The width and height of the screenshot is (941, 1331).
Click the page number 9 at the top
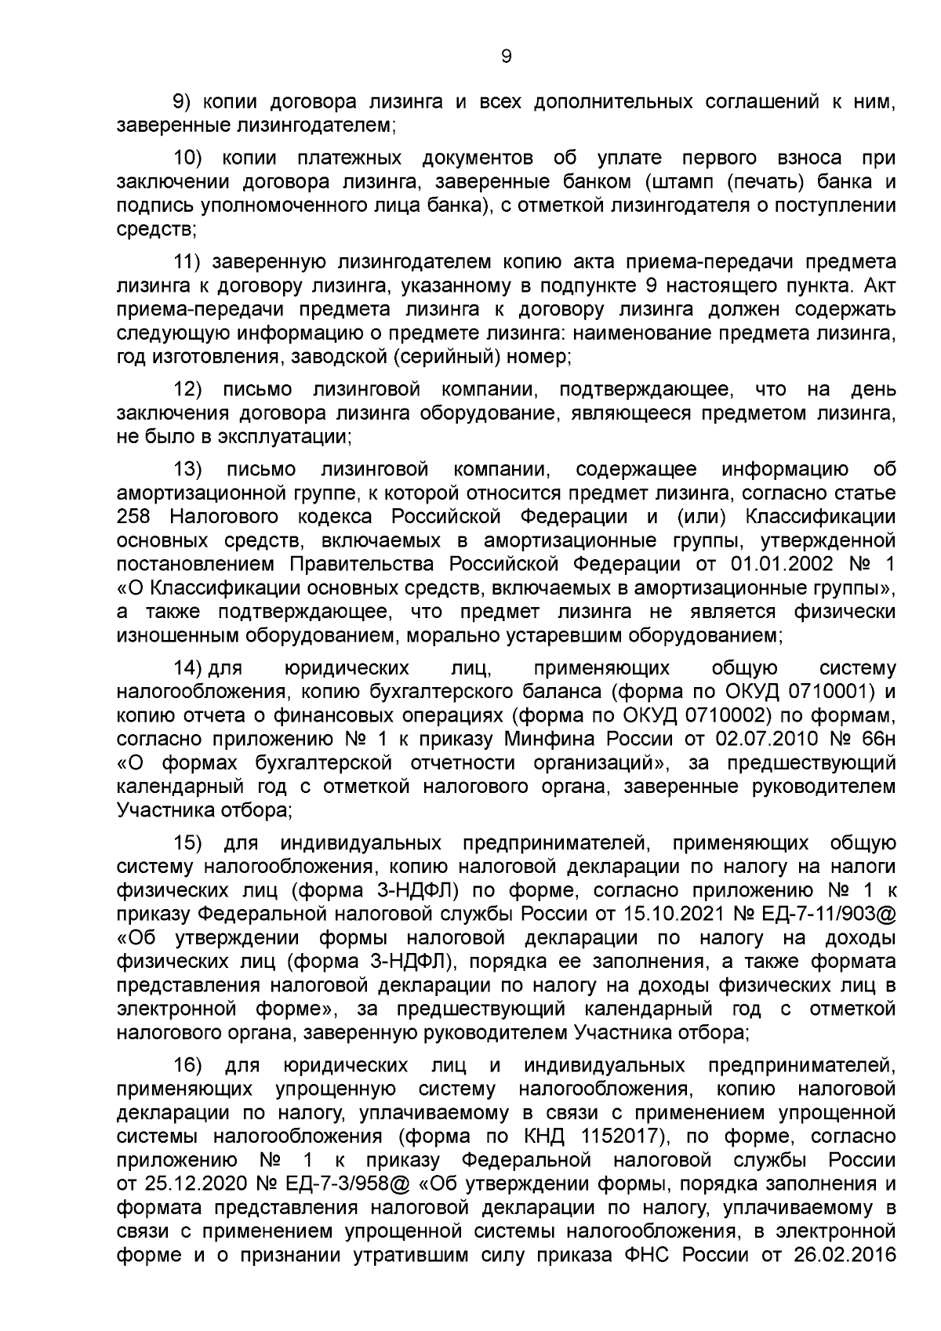click(505, 56)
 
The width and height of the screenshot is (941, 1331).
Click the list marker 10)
click(188, 158)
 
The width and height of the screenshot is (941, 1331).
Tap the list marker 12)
click(188, 390)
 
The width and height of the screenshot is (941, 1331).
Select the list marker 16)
click(188, 1065)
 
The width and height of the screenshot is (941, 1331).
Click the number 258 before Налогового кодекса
click(138, 517)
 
